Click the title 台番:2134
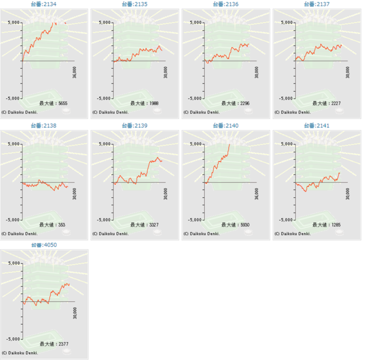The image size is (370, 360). [43, 4]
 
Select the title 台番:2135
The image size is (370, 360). [135, 4]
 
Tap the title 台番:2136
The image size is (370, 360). [226, 4]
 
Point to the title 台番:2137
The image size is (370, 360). [317, 4]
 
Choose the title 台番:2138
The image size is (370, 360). [43, 126]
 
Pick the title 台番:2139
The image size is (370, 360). [135, 126]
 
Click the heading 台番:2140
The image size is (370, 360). [226, 126]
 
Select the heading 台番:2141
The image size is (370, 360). [317, 126]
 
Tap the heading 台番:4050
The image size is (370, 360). [43, 245]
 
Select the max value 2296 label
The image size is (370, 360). [235, 104]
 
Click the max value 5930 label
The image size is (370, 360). [235, 225]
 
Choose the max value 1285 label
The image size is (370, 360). [327, 225]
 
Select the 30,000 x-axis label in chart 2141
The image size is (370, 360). [348, 194]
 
